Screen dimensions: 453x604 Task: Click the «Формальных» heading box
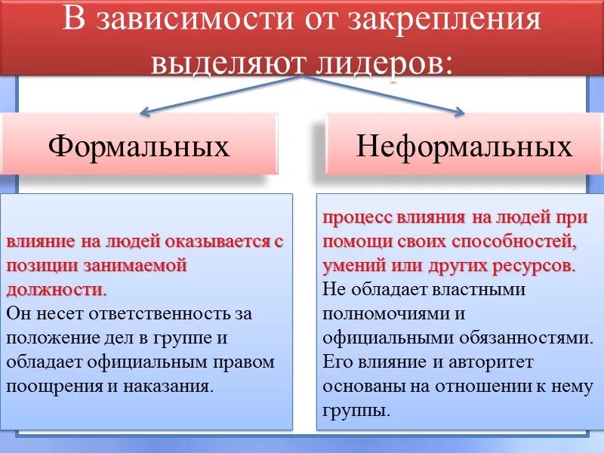pyautogui.click(x=139, y=146)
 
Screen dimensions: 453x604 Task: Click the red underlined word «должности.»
pyautogui.click(x=57, y=289)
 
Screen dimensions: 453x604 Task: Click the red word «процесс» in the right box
pyautogui.click(x=355, y=218)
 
